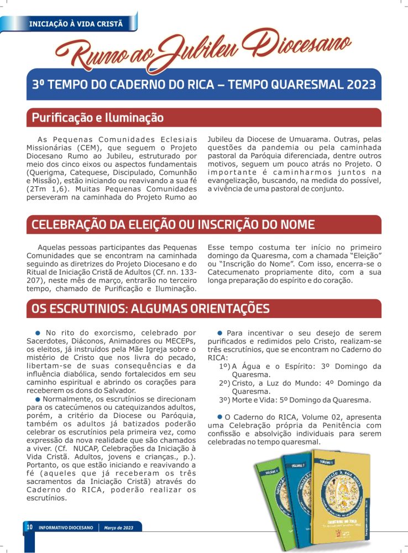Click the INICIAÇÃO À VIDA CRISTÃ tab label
75,23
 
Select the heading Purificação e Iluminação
98,118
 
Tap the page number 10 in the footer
29,527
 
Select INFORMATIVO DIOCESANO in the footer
66,528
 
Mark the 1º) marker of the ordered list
225,366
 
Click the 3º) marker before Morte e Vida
225,400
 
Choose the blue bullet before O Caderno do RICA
219,416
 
